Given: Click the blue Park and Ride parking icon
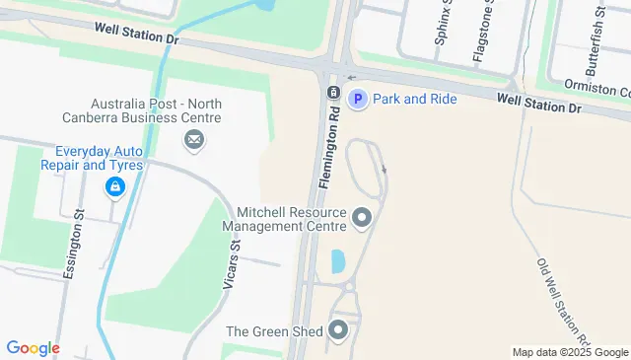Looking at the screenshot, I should pyautogui.click(x=359, y=99).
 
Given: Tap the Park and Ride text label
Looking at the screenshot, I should pyautogui.click(x=414, y=99).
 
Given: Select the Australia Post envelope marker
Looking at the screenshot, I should pyautogui.click(x=194, y=141).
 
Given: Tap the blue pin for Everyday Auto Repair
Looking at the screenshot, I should pyautogui.click(x=115, y=185).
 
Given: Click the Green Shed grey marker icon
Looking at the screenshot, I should pyautogui.click(x=339, y=330).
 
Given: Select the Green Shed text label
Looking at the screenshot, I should pyautogui.click(x=274, y=331).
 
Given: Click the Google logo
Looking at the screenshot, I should pyautogui.click(x=33, y=348).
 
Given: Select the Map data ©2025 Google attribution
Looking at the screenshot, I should pyautogui.click(x=570, y=352).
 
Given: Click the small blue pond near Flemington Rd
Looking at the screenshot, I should pyautogui.click(x=338, y=261).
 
